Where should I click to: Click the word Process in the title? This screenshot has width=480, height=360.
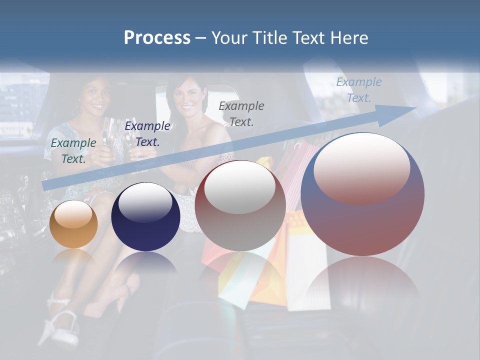click(x=157, y=38)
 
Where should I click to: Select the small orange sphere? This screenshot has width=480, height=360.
click(x=73, y=224)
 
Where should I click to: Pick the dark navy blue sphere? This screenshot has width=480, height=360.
click(x=145, y=217)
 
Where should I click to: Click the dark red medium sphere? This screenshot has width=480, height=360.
click(x=240, y=206)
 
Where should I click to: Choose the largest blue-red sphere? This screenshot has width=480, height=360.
click(x=362, y=194)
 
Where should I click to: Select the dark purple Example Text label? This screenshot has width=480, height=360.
click(x=147, y=134)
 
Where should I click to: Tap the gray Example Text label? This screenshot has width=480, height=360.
click(x=241, y=113)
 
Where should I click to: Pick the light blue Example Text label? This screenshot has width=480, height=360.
click(x=359, y=90)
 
